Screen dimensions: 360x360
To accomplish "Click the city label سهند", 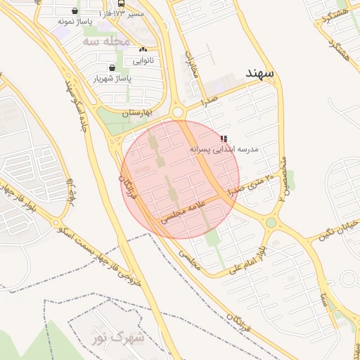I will [x=259, y=73].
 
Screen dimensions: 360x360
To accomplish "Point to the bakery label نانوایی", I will [x=141, y=61].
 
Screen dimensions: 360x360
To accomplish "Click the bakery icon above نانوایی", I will [x=143, y=49].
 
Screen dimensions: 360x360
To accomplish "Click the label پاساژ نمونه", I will [x=76, y=22].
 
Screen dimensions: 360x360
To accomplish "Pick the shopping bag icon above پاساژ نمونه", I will [x=75, y=11].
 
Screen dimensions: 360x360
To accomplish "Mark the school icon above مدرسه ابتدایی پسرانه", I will [x=224, y=139].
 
